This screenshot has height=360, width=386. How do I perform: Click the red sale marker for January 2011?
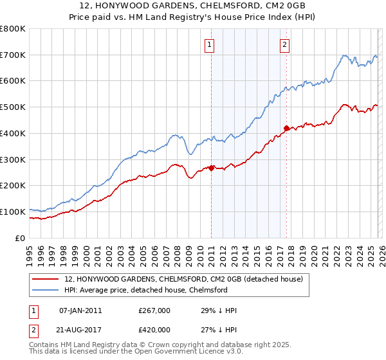tap(211, 168)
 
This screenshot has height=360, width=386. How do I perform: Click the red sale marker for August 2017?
tap(286, 127)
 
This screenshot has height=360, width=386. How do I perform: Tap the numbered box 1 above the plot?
tap(210, 45)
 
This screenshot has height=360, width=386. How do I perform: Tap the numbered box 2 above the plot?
tap(284, 45)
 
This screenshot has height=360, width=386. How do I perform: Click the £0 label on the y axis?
tap(21, 238)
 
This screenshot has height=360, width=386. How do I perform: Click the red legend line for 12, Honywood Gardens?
tap(45, 280)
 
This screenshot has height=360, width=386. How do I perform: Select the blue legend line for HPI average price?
tap(45, 291)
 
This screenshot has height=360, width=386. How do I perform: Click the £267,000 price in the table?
tap(154, 310)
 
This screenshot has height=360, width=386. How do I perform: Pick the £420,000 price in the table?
tap(154, 329)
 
